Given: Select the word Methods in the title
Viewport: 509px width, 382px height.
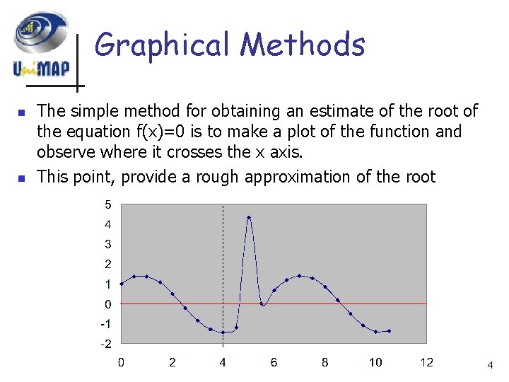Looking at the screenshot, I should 303,45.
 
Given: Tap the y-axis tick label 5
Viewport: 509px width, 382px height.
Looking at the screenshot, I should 107,205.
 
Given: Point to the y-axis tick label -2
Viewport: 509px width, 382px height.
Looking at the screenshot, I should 105,344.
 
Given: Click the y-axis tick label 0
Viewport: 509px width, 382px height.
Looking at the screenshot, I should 107,304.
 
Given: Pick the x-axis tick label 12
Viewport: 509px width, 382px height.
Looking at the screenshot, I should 426,363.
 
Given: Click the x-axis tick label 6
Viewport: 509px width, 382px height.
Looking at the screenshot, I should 274,363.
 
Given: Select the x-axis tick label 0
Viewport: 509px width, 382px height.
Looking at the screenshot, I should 121,363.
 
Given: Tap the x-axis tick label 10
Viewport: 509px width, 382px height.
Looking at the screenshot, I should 375,363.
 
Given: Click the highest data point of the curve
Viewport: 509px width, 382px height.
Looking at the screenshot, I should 249,217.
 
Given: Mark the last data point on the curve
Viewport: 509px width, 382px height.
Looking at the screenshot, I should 389,330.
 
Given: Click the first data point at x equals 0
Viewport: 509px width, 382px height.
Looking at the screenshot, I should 122,284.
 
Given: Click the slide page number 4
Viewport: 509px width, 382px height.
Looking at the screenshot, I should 489,365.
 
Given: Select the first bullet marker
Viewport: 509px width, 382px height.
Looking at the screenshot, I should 21,112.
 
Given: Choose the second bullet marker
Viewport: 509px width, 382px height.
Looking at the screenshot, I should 21,178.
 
